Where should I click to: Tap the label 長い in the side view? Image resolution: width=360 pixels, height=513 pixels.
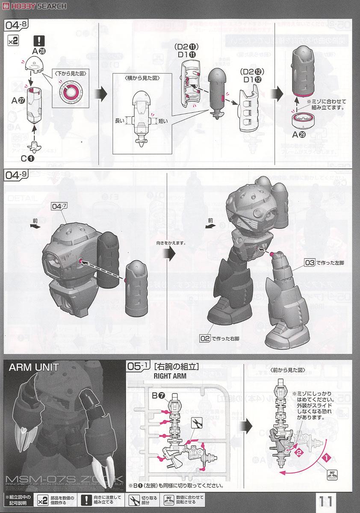point(120,121)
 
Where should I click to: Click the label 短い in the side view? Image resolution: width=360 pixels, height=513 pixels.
point(163,121)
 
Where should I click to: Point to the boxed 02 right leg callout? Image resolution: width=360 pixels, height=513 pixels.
point(205,338)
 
